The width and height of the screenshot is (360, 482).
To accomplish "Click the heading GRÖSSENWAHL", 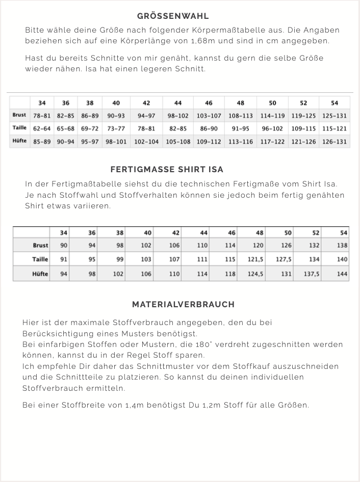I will coord(173,16).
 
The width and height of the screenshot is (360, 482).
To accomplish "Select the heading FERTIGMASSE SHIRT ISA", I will coord(167,169).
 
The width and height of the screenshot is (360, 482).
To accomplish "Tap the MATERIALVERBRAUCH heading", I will coord(183,304).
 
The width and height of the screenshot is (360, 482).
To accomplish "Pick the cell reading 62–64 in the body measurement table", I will coord(42,129).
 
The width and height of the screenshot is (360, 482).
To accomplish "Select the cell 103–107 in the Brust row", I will coord(209,116).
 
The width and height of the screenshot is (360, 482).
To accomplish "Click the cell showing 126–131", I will coord(334,142).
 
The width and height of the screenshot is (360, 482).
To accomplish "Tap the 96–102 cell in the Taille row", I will coord(272,129).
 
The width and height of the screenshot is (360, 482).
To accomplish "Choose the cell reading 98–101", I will coord(116,142).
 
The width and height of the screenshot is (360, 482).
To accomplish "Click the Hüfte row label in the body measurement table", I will coord(20,141).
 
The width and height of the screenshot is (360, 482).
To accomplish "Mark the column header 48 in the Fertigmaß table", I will coord(260,233).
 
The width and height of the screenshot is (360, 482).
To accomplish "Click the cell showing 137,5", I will coord(312,274).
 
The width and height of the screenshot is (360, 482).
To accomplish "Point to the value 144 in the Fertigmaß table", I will coord(342,274).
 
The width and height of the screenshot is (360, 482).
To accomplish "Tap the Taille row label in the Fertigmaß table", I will coord(40,259).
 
